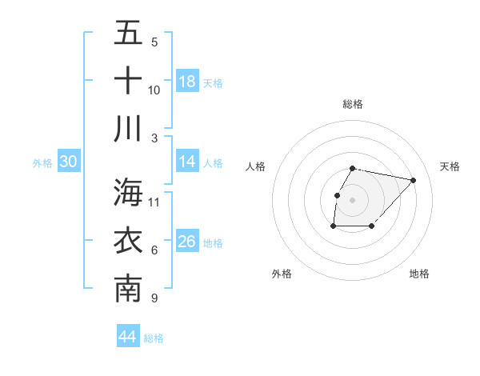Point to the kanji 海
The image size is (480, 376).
(128, 192)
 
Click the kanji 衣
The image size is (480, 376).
(128, 241)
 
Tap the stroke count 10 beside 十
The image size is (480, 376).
(154, 90)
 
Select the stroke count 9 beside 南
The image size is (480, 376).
(154, 298)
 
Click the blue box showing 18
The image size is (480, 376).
(187, 82)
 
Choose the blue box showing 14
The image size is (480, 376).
(187, 162)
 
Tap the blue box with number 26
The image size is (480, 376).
(187, 242)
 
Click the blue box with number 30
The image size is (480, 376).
(69, 162)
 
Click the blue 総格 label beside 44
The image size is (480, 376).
(154, 338)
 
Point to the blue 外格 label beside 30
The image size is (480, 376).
(42, 163)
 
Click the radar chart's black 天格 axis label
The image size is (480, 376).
(450, 166)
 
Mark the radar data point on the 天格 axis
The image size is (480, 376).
(413, 180)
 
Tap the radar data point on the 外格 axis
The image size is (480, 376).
(333, 226)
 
